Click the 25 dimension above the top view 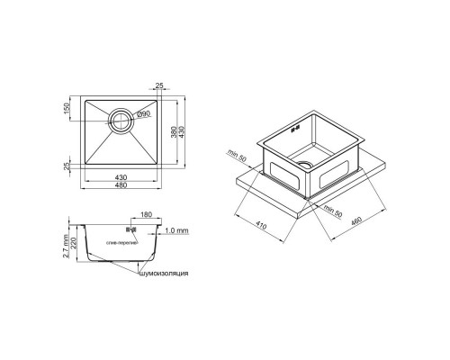click(159, 87)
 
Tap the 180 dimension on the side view click(147, 217)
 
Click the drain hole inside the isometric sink click(305, 166)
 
